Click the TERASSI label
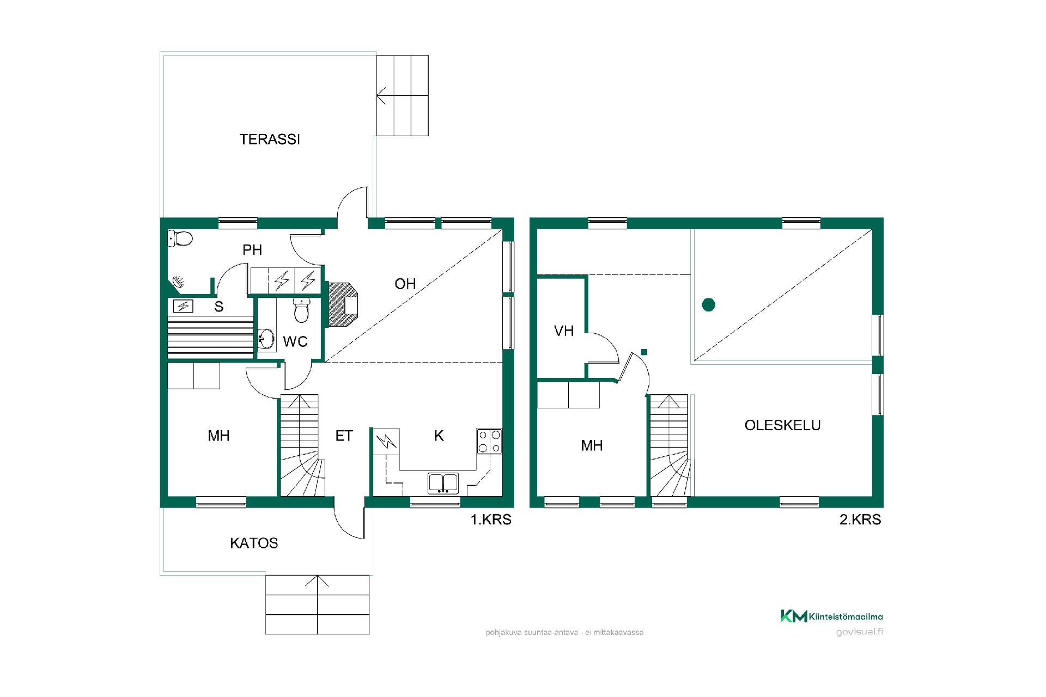pyautogui.click(x=270, y=139)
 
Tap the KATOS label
pyautogui.click(x=254, y=543)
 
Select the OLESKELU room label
pyautogui.click(x=782, y=425)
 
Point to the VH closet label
pyautogui.click(x=564, y=331)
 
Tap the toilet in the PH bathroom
pyautogui.click(x=180, y=238)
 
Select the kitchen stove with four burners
pyautogui.click(x=489, y=441)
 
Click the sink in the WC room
pyautogui.click(x=266, y=339)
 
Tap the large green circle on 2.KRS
pyautogui.click(x=708, y=304)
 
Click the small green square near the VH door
pyautogui.click(x=644, y=352)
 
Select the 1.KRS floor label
pyautogui.click(x=491, y=519)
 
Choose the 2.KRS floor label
pyautogui.click(x=860, y=519)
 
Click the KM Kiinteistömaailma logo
pyautogui.click(x=832, y=616)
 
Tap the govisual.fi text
pyautogui.click(x=859, y=632)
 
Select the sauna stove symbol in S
pyautogui.click(x=184, y=307)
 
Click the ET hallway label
pyautogui.click(x=344, y=436)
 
